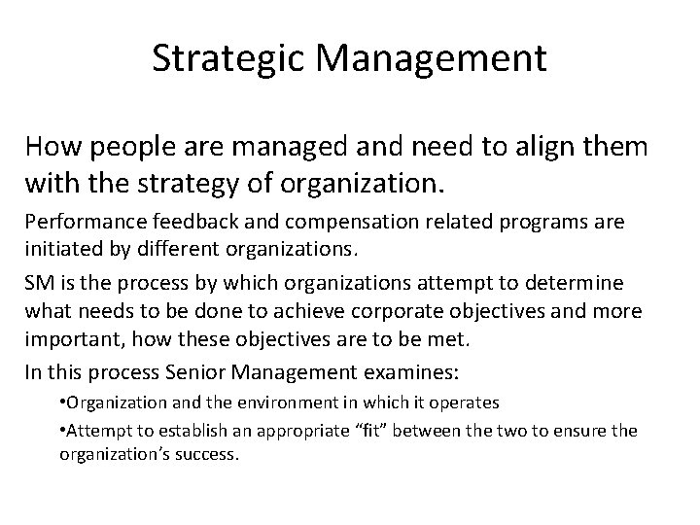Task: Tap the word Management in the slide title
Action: (x=431, y=60)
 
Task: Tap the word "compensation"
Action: (x=302, y=224)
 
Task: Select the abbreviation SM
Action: (x=39, y=282)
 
